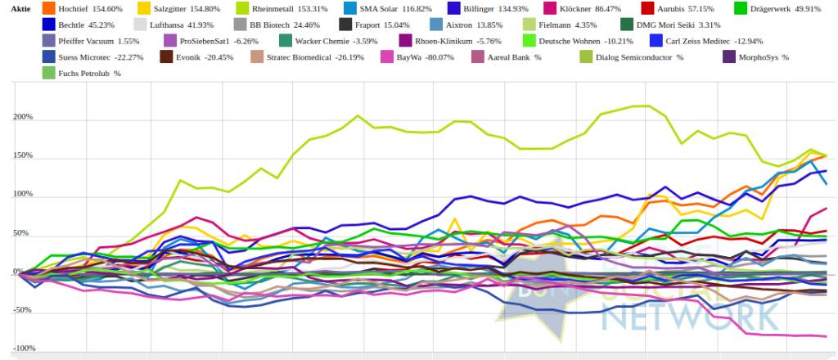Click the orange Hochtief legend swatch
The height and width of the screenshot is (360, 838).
click(x=48, y=8)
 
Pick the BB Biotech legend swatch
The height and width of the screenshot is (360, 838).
click(x=240, y=25)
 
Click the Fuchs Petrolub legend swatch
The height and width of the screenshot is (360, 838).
click(x=48, y=74)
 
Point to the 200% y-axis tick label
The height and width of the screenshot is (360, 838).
click(x=22, y=117)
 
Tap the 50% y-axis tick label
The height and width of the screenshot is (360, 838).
click(x=25, y=233)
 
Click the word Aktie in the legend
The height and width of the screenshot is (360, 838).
click(x=20, y=8)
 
